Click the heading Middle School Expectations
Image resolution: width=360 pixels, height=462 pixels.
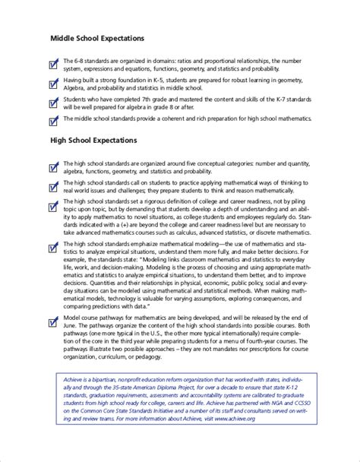tap(97, 38)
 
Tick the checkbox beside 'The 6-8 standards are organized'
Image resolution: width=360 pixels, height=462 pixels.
tap(53, 64)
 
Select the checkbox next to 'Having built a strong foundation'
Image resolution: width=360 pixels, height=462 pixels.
tap(53, 83)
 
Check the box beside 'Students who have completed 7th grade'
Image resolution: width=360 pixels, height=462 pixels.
tap(53, 102)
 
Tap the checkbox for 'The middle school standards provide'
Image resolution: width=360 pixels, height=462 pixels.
tap(53, 120)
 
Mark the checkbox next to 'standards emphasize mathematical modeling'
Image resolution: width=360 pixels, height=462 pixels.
tap(53, 248)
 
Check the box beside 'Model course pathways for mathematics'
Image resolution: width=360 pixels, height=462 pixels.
tap(53, 321)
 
